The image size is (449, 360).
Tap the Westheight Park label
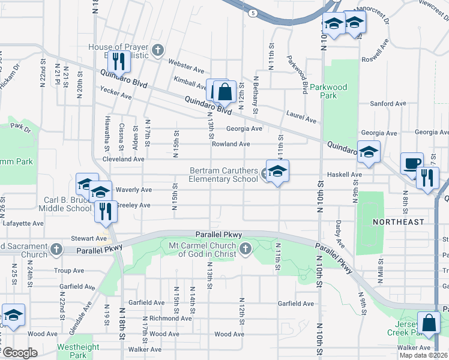coord(78,351)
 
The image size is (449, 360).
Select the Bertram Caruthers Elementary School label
coord(224,175)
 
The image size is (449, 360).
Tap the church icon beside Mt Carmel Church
coord(245,248)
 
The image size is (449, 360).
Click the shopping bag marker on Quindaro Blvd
coord(224,92)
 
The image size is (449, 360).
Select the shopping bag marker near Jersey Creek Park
coord(430,323)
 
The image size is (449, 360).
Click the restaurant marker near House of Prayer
coord(118,61)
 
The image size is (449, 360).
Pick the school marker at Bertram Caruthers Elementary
coord(277,172)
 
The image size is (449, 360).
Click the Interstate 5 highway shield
coord(254,12)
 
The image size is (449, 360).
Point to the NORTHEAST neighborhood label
coord(398,222)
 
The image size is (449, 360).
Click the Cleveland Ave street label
coord(123,160)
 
